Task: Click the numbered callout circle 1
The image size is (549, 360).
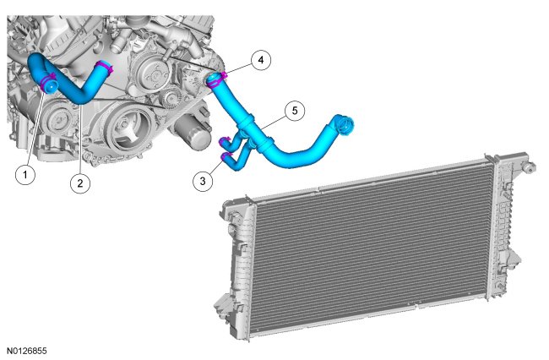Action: [25, 174]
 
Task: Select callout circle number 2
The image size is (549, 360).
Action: [80, 183]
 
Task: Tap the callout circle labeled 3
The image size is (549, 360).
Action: [203, 181]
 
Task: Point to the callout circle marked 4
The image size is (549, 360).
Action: [261, 60]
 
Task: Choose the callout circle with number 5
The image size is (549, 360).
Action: [295, 111]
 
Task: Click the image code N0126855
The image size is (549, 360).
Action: [27, 351]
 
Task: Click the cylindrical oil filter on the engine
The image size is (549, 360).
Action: [192, 133]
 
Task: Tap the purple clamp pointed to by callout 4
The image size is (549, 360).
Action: [216, 79]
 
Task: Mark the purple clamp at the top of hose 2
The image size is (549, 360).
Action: [105, 67]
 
